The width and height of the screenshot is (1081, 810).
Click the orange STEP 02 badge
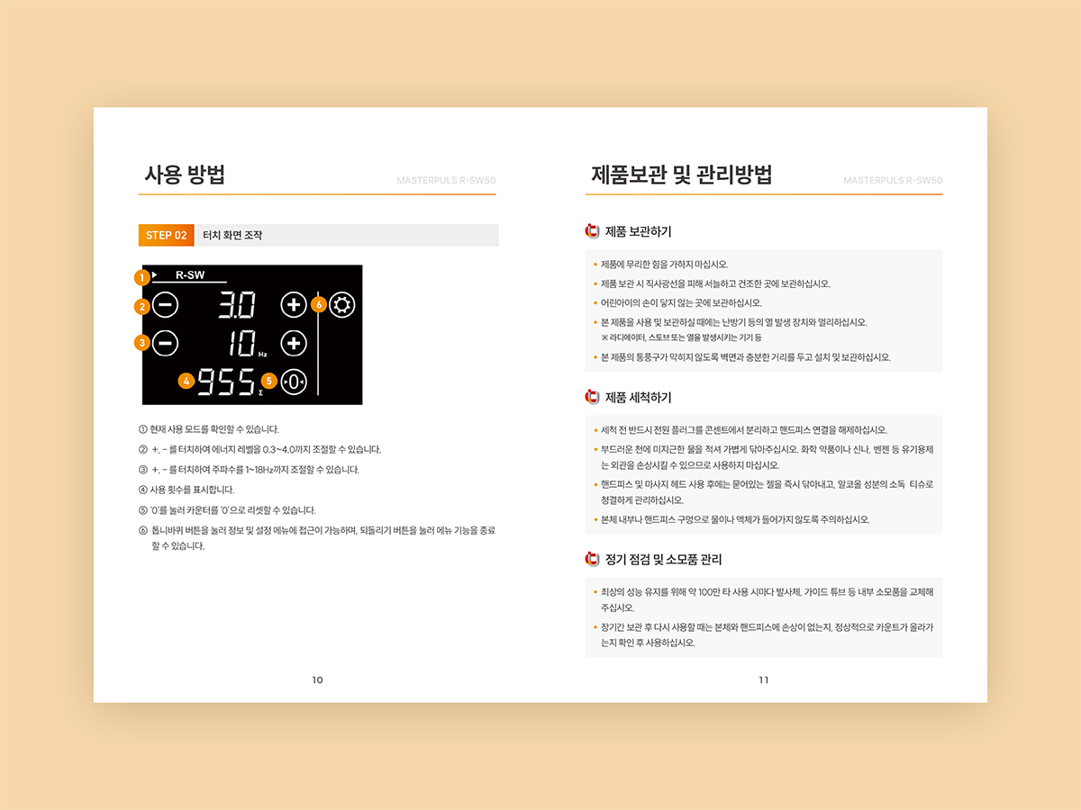pos(166,235)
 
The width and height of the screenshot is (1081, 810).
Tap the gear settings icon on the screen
pos(341,305)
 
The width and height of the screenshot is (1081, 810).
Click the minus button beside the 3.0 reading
pos(165,305)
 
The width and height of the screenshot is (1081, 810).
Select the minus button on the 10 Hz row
pos(165,343)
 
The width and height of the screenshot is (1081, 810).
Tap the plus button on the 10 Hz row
pos(294,343)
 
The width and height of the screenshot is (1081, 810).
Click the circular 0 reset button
pos(294,382)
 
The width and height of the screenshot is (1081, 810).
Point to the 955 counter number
pos(226,382)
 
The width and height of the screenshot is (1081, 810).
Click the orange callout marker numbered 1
pos(142,278)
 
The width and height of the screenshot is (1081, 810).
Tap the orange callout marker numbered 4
pos(186,381)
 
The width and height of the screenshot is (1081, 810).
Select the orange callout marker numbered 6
pos(319,305)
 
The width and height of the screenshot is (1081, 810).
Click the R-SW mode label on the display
pos(190,274)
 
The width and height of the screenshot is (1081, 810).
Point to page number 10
pos(318,680)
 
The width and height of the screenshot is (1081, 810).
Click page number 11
pos(764,680)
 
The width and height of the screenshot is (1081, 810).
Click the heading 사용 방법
pos(185,175)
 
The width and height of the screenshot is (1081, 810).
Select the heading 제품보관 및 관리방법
pos(681,175)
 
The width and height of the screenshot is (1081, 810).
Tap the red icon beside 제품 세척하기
pos(592,397)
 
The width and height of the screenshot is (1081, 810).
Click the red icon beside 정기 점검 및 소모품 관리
pos(592,559)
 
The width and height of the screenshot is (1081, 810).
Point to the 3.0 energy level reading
pos(237,305)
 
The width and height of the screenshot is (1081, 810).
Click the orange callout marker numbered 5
pos(268,381)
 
